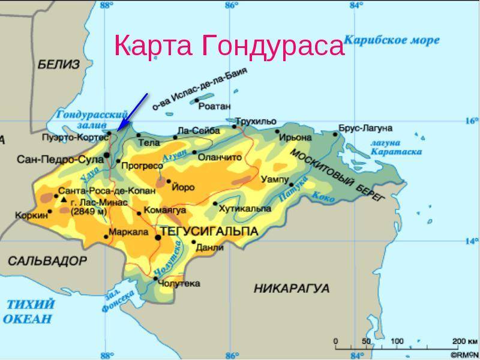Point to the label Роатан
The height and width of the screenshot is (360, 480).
pyautogui.click(x=214, y=106)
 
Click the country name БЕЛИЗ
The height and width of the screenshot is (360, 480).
pyautogui.click(x=58, y=65)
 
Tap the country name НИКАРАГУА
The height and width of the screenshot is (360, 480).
pyautogui.click(x=292, y=289)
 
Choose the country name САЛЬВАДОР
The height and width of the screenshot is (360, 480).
pyautogui.click(x=47, y=261)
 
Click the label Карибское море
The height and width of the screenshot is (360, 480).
pyautogui.click(x=393, y=40)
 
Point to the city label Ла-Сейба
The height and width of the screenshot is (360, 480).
pyautogui.click(x=196, y=130)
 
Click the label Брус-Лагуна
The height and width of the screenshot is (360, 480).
pyautogui.click(x=365, y=128)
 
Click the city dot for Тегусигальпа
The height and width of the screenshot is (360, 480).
pyautogui.click(x=158, y=238)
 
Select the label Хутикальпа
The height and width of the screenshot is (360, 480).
pyautogui.click(x=245, y=209)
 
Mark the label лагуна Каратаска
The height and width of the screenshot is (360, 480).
pyautogui.click(x=395, y=148)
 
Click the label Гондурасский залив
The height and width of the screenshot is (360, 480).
pyautogui.click(x=92, y=119)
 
